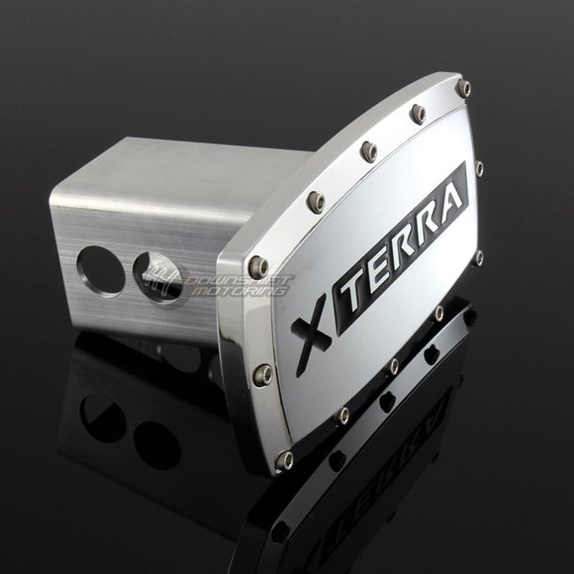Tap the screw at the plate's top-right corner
coord(465,88)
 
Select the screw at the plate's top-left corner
coord(257,263)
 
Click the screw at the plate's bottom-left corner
coord(284,459)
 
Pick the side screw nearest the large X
coord(263,373)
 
